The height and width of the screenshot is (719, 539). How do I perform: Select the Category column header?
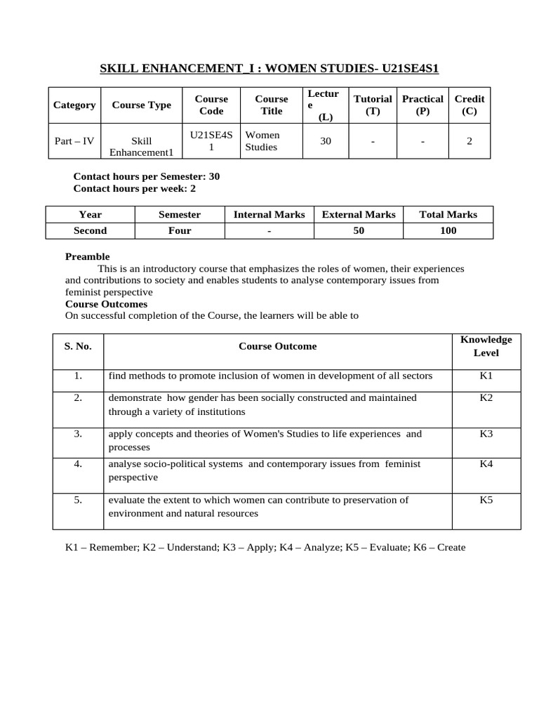coord(74,105)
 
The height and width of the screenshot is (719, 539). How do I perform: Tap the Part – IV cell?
coord(74,141)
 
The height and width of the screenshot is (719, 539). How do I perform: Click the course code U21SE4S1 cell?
coord(211,141)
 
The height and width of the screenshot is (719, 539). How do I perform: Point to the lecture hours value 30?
coord(326,141)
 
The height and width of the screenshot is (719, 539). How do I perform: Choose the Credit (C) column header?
coord(470,105)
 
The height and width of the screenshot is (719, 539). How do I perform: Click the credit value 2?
coord(470,141)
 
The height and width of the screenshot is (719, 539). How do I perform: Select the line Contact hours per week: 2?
coord(135,189)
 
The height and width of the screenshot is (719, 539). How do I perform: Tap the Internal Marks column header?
coord(269,215)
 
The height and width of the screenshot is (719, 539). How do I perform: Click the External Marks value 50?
coord(359,231)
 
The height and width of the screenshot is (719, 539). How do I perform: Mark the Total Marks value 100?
coord(448,231)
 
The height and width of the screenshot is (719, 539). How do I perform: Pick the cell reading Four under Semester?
coord(180,231)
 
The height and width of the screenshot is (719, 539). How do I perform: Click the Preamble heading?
coord(88,257)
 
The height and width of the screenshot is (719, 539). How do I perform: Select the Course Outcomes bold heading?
coord(106,304)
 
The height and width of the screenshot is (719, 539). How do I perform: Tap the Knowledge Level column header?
coord(486,346)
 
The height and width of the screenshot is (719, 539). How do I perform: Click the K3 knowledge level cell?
coord(486,434)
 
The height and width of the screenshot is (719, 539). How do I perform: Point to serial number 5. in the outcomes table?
coord(78,500)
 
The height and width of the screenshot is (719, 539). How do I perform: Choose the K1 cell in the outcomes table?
coord(486,376)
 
